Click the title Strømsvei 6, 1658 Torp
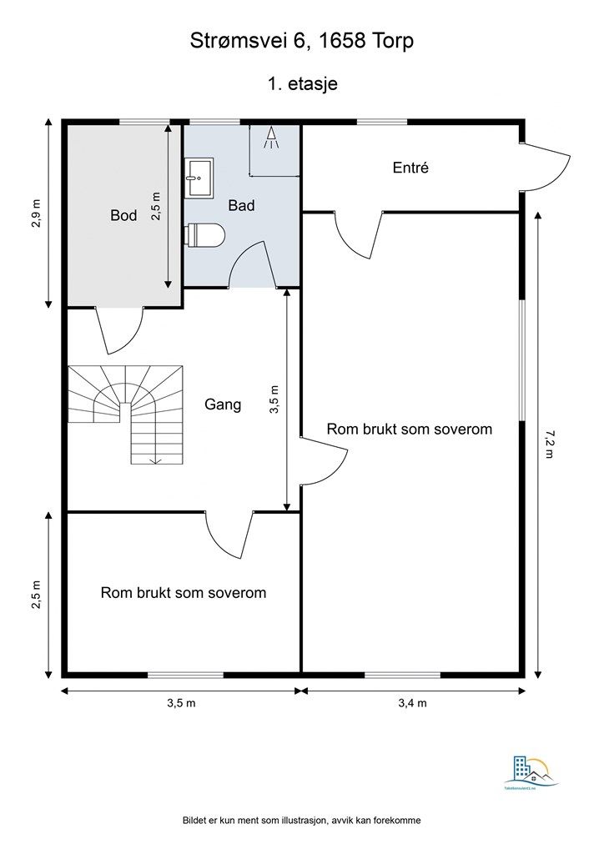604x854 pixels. (x=302, y=41)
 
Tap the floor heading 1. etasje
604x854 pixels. (x=302, y=83)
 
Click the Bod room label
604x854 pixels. (x=123, y=215)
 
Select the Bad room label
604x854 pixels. (x=241, y=204)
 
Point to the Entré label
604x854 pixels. (x=410, y=168)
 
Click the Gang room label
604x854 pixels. (x=223, y=404)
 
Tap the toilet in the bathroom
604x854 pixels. (x=205, y=236)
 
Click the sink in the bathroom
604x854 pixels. (x=199, y=177)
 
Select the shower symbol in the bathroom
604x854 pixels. (x=271, y=138)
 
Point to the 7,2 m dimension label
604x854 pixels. (x=548, y=445)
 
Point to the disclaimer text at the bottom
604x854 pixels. (x=302, y=821)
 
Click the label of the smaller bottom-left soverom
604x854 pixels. (x=184, y=593)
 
